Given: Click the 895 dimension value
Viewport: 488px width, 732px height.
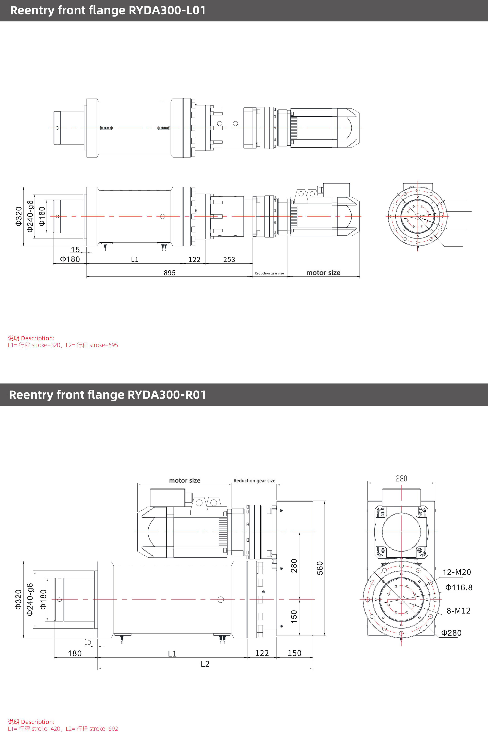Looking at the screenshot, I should coord(170,273).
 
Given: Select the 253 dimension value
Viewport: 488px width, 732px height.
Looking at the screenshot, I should coord(229,259).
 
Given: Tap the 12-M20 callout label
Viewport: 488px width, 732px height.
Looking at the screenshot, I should coord(456,572).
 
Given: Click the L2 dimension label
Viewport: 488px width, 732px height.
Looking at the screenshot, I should coord(205,664).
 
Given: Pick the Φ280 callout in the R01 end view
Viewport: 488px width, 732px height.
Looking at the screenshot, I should coord(451,633).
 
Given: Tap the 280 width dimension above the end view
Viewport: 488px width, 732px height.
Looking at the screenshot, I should coord(401,478).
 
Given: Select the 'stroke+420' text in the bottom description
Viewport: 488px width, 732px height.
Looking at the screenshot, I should coord(46,729).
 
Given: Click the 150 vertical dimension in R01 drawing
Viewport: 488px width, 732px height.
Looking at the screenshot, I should coord(294,616).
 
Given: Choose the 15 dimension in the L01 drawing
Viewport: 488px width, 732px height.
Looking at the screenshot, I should coord(75,249).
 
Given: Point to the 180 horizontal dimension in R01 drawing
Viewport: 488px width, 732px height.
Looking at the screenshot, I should coord(75,653).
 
